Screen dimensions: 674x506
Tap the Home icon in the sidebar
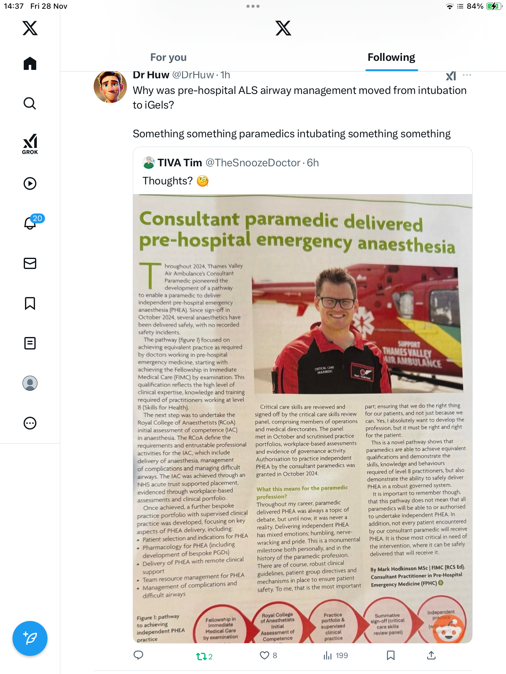click(x=30, y=64)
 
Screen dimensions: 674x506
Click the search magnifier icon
click(x=30, y=103)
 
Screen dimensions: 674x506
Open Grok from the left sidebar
click(x=30, y=144)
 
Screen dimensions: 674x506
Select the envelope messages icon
click(x=30, y=263)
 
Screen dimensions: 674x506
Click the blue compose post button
click(x=30, y=638)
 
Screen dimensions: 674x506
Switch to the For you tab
click(x=168, y=57)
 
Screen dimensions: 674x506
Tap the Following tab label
click(x=391, y=57)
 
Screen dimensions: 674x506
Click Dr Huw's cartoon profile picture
click(x=110, y=87)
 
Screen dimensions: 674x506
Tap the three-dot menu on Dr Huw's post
click(x=467, y=75)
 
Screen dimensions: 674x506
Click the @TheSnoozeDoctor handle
click(x=253, y=163)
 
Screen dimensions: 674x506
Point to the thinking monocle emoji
click(x=203, y=181)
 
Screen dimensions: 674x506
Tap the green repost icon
click(x=201, y=656)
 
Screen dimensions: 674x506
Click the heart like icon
click(x=265, y=655)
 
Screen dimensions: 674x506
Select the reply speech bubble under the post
click(x=138, y=655)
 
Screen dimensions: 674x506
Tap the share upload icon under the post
click(x=431, y=655)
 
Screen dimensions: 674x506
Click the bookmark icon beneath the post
click(x=390, y=655)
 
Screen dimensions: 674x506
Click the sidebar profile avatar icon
click(x=30, y=383)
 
